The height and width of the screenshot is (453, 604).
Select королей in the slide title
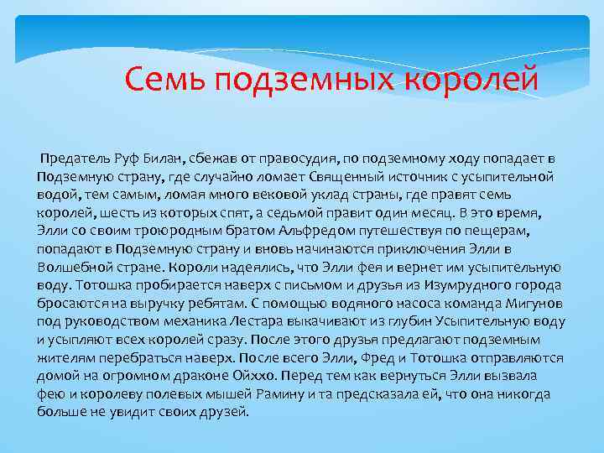tap(471, 81)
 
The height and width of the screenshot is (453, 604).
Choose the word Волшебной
tap(70, 268)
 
